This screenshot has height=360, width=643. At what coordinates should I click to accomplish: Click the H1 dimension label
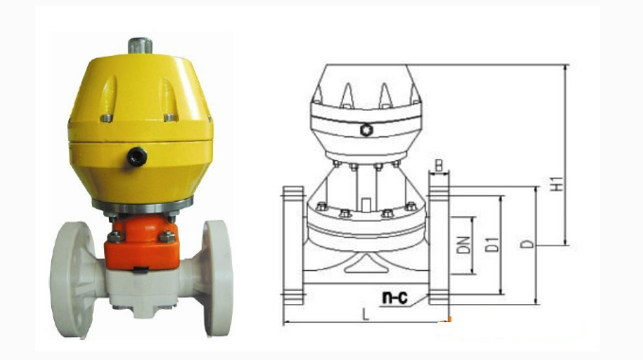click(557, 184)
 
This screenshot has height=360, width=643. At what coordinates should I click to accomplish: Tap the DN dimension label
click(464, 244)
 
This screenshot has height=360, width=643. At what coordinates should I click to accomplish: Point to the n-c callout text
click(395, 297)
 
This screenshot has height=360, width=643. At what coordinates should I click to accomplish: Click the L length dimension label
click(366, 315)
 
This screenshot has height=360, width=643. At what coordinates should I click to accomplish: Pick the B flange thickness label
click(438, 165)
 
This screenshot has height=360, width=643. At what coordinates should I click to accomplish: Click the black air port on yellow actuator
click(136, 156)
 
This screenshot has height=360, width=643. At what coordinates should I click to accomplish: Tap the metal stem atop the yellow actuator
click(140, 45)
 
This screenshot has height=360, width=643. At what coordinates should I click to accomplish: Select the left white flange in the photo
click(72, 279)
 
